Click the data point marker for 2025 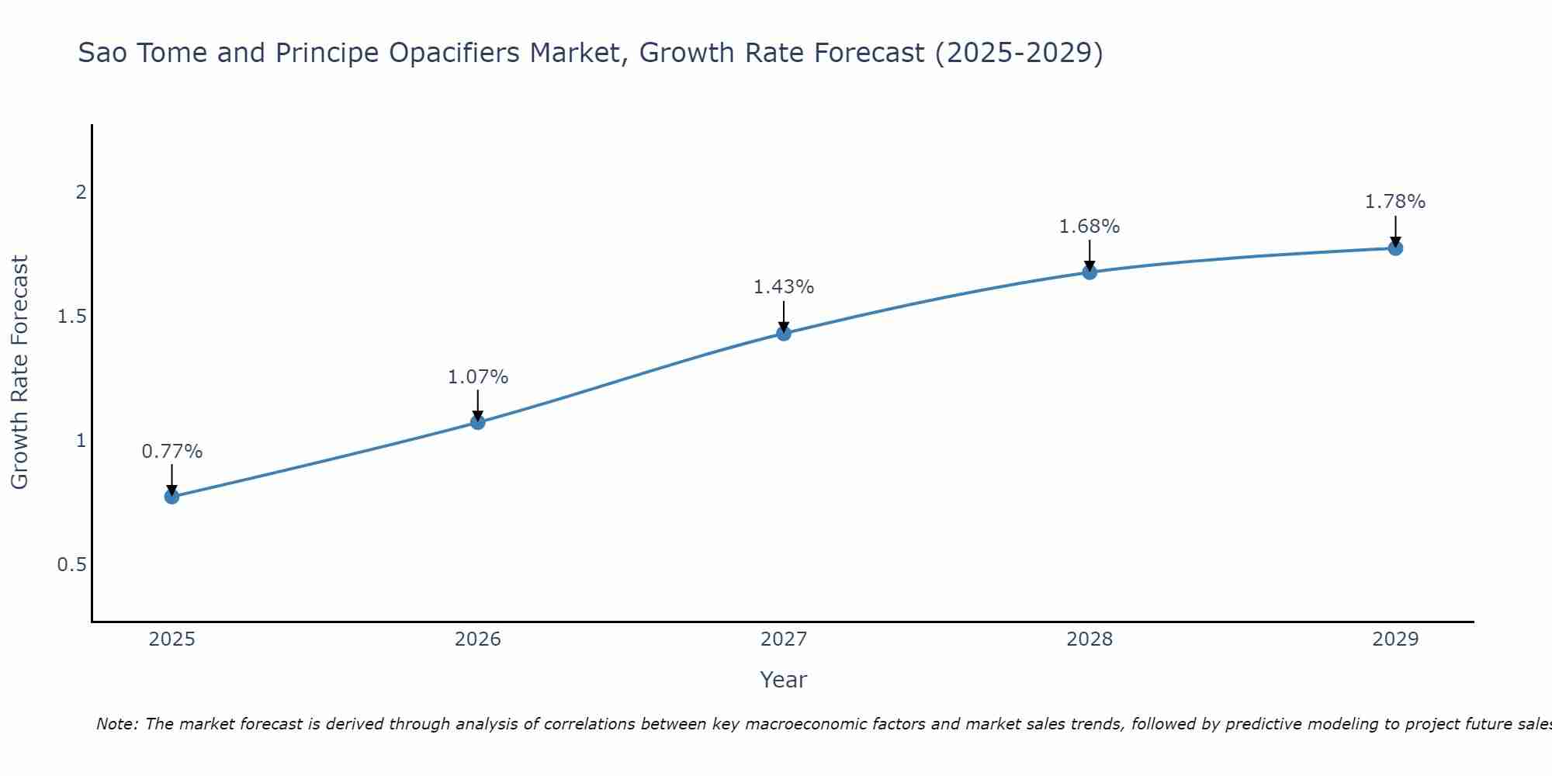172,497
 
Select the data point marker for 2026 478,422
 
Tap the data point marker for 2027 784,334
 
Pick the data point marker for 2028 1090,272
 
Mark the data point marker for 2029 1395,248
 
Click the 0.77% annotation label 172,452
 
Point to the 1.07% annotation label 478,377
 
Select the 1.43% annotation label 784,287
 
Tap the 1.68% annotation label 1090,227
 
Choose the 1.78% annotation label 1395,202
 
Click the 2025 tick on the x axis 172,639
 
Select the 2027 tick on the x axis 784,639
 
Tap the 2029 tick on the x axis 1395,639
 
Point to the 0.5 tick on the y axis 71,565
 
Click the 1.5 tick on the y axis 71,317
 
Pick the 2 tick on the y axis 81,192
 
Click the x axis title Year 784,680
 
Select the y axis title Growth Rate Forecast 20,372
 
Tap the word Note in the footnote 116,724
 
